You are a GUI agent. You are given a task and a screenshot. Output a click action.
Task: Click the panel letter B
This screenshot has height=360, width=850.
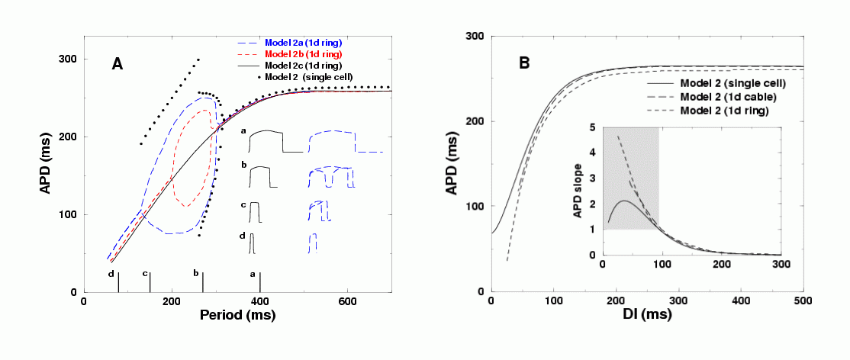click(524, 64)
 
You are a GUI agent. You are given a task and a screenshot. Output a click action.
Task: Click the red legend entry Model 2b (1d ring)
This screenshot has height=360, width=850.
click(302, 54)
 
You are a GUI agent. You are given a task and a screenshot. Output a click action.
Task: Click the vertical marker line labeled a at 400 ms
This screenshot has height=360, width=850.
click(260, 283)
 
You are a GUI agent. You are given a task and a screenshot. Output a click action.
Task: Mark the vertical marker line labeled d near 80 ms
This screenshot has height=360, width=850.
click(118, 283)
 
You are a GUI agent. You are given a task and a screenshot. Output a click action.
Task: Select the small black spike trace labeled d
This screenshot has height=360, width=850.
click(252, 243)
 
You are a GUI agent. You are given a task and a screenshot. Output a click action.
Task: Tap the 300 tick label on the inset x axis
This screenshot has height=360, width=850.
click(780, 264)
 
